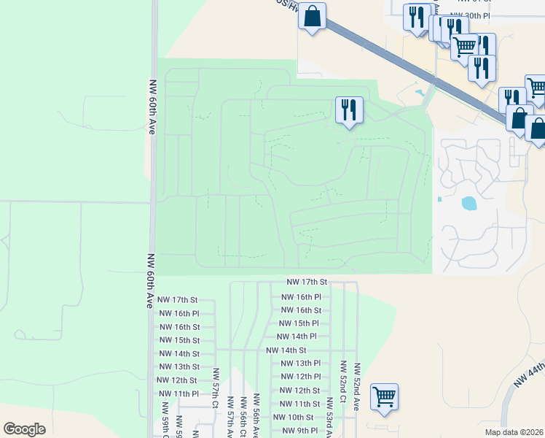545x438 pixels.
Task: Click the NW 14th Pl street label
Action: pyautogui.click(x=297, y=337)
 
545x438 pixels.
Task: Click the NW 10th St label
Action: pyautogui.click(x=293, y=417)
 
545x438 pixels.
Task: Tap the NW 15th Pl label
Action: pyautogui.click(x=299, y=323)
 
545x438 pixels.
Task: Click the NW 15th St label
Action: pyautogui.click(x=179, y=340)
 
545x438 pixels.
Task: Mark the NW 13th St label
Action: pyautogui.click(x=179, y=366)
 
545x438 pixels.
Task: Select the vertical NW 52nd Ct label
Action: pyautogui.click(x=342, y=386)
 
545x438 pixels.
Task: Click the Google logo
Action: pyautogui.click(x=24, y=429)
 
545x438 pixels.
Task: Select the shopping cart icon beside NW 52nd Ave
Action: pyautogui.click(x=384, y=398)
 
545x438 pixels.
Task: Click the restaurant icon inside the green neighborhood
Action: pyautogui.click(x=349, y=110)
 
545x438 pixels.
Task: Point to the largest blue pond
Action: pyautogui.click(x=468, y=203)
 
